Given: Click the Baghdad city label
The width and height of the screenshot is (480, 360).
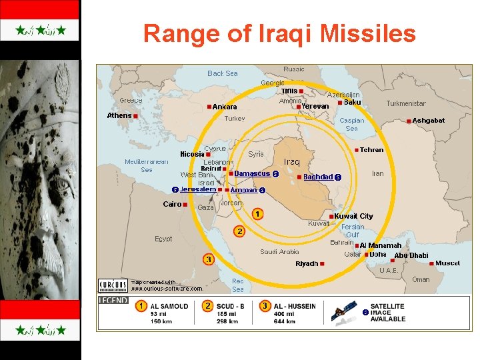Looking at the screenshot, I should [x=318, y=177].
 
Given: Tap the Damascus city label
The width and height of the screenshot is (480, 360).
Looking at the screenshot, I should [x=252, y=173].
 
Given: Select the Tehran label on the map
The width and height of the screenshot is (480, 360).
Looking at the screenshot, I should [x=371, y=150].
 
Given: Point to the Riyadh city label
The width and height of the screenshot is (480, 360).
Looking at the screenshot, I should [x=307, y=264].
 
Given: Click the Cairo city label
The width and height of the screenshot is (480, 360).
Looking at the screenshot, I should [x=172, y=204].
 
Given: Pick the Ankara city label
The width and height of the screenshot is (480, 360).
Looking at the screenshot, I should [x=225, y=107].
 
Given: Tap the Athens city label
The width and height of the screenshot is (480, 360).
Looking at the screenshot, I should [x=119, y=115].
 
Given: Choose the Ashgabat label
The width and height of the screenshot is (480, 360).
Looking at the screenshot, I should [x=428, y=121].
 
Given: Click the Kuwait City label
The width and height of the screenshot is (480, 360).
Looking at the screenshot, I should [x=353, y=216].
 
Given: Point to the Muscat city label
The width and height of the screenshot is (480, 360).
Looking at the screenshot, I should [x=447, y=263].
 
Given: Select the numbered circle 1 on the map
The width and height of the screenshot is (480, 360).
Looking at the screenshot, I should [x=257, y=214].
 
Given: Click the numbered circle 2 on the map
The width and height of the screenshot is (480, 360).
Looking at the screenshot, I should [x=239, y=231].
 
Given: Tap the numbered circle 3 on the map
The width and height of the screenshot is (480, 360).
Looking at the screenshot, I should [x=209, y=259].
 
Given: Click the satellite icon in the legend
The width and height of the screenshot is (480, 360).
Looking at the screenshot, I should [x=343, y=311].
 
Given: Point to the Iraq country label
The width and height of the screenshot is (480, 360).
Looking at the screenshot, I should [x=292, y=162].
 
